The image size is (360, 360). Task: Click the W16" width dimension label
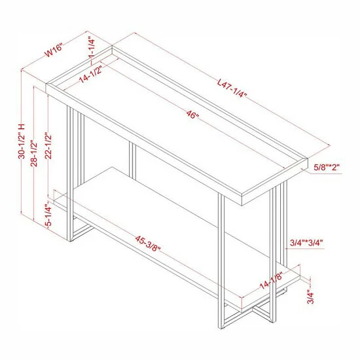pos(54,50)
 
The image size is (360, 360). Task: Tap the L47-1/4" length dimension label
pos(232,88)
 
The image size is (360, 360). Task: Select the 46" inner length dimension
pos(192,115)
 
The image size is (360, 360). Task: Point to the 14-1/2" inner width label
pos(90,73)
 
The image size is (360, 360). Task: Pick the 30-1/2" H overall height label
pos(22,141)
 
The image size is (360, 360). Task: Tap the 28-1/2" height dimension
pos(34,153)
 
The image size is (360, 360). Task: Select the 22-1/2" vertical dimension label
pos(48,146)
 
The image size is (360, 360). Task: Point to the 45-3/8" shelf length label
pos(148,243)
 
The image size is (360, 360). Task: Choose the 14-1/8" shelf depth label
pos(271,281)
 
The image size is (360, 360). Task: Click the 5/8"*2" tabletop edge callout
pos(327,167)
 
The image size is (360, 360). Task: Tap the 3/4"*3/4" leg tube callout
pos(307,243)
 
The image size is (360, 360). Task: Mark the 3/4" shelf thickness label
pos(310,297)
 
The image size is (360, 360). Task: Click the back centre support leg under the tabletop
pos(132,160)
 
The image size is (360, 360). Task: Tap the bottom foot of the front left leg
pos(69,240)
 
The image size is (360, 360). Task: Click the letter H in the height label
pos(22,126)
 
